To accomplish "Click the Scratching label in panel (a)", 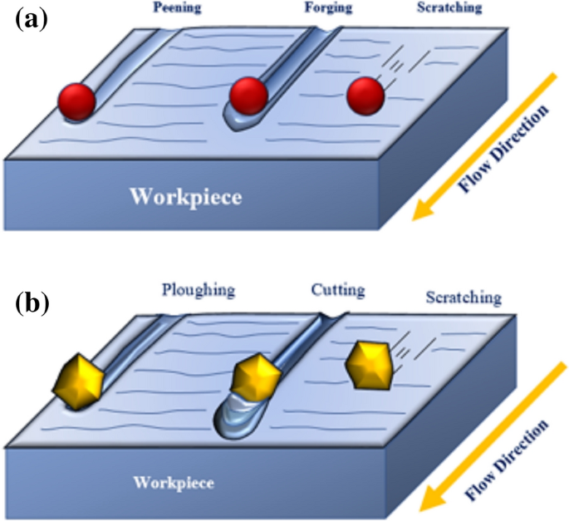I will click(448, 9).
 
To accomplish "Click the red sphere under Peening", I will click(76, 101).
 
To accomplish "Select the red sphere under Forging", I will click(248, 96).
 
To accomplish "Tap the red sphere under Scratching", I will click(366, 96).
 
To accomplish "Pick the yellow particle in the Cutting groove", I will click(252, 378).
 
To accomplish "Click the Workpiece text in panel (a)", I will click(187, 198).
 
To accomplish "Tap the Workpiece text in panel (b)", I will click(174, 483).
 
